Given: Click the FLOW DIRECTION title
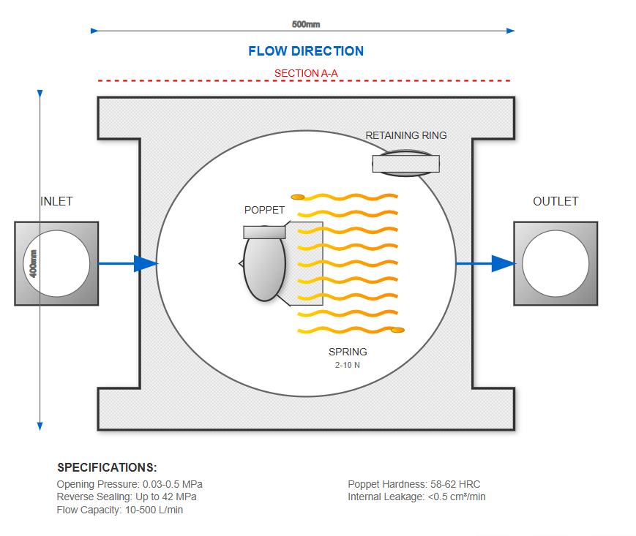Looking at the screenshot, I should click(306, 51).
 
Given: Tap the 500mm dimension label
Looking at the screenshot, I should click(306, 24).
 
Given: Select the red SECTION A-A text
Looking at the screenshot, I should click(306, 73).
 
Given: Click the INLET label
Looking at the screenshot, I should click(56, 201).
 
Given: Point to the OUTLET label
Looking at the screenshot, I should click(555, 201).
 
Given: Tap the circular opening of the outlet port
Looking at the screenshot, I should click(555, 263).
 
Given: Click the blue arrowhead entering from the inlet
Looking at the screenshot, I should click(146, 263).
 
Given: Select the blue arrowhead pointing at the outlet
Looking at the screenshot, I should click(503, 263).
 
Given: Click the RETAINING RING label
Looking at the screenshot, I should click(406, 135).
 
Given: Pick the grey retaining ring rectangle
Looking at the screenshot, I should click(406, 164).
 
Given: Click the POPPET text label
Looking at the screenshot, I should click(264, 210).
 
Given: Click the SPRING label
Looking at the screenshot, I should click(348, 352).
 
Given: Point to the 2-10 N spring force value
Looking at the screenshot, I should click(348, 365).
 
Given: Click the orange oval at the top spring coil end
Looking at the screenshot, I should click(298, 197).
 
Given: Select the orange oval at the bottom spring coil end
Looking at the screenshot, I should click(397, 330).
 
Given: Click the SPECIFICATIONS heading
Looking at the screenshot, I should click(107, 467).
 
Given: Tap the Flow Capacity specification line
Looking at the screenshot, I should click(120, 510).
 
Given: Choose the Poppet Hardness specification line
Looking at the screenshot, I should click(414, 484).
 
